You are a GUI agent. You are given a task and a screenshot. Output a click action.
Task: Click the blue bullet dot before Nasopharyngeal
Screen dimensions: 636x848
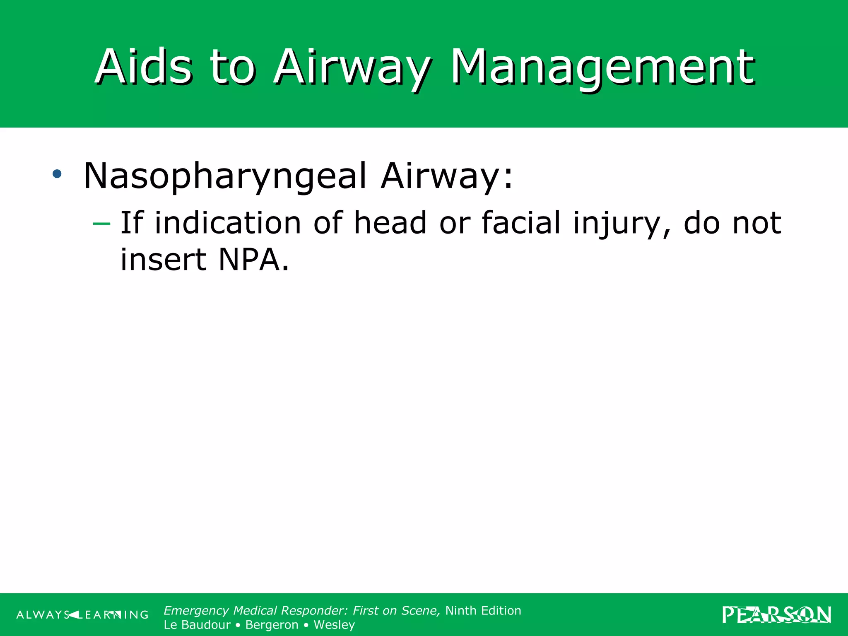coord(57,174)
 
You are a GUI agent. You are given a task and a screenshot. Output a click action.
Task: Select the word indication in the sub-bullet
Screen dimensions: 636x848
coord(228,223)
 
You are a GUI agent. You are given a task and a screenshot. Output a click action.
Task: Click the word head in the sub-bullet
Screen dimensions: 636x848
coord(390,223)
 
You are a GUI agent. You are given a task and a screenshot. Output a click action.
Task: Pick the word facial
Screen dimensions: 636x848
coord(521,223)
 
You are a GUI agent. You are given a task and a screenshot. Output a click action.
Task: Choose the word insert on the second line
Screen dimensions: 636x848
coord(163,260)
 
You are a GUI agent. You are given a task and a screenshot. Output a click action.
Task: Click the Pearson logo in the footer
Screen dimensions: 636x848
coord(776,615)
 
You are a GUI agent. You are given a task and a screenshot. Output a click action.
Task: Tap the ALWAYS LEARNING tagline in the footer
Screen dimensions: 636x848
coord(82,615)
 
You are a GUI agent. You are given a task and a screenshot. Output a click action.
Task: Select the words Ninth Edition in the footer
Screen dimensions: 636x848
coord(483,611)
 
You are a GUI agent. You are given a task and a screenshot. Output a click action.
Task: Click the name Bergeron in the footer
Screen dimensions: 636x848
coord(272,625)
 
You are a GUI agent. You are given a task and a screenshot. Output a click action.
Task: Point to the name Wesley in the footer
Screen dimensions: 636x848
coord(334,625)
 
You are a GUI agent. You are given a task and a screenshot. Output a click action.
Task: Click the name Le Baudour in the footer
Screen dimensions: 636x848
coord(197,625)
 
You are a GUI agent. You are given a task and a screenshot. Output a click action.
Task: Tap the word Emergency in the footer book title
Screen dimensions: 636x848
coord(196,611)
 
